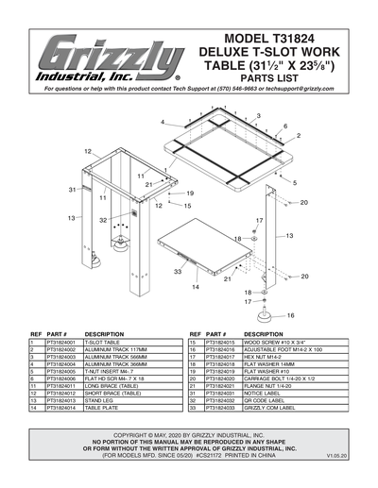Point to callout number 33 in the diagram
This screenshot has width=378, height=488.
click(177, 271)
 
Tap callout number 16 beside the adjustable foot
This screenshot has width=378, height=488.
click(291, 316)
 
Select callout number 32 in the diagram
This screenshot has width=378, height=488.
click(104, 219)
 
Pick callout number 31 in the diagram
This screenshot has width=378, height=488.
click(73, 190)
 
